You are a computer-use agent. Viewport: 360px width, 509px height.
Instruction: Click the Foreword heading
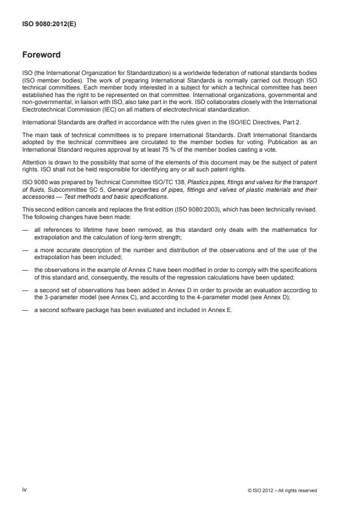click(41, 55)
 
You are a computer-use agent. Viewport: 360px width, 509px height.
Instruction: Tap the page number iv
click(24, 490)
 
